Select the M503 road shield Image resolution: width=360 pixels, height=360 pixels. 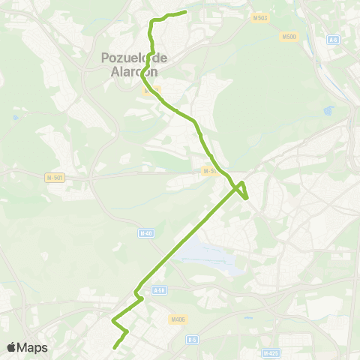coord(259,17)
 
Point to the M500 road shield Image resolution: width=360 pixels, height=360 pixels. coord(289,36)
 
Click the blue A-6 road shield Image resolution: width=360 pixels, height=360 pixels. coord(334,39)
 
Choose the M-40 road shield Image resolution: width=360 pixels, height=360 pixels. coord(145,233)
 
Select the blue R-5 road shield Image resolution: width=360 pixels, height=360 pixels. coord(192,339)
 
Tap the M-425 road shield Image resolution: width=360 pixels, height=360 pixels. coord(271,352)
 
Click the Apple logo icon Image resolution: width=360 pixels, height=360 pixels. coord(12,347)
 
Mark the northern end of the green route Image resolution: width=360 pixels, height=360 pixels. coord(184,11)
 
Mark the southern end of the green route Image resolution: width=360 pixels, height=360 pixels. coord(114,347)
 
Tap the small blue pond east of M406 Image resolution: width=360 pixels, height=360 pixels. coord(247,317)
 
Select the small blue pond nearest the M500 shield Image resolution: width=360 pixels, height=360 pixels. coord(328,111)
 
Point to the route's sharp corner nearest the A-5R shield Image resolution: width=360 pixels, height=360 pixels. coord(141,298)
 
